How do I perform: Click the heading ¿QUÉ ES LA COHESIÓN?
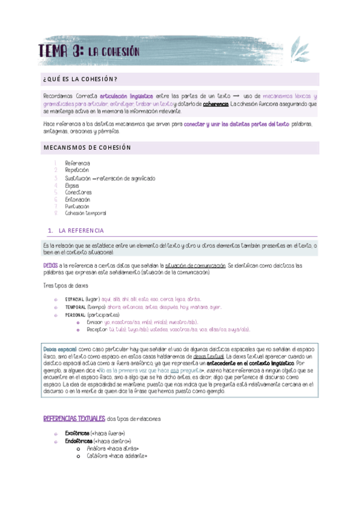coord(80,79)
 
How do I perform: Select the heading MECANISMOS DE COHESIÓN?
coord(87,147)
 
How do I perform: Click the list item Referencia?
coord(78,164)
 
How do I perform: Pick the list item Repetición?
coord(77,171)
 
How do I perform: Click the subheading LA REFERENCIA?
coord(81,231)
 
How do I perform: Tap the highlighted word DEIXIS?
coord(50,265)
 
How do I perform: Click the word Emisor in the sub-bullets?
coord(94,322)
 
